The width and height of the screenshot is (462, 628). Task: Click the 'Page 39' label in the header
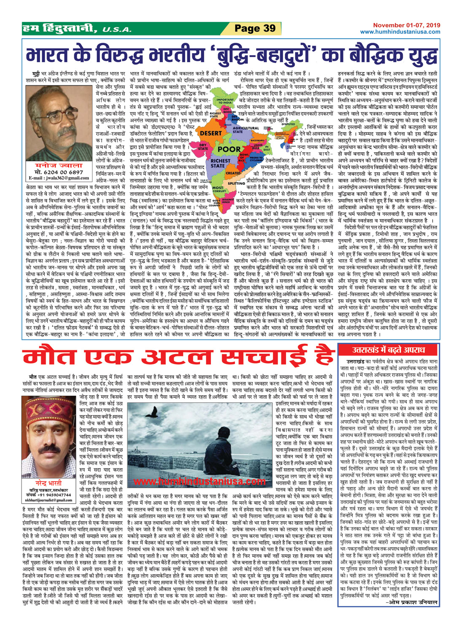[x=255, y=28]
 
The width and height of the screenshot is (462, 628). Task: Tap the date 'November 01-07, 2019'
[x=406, y=25]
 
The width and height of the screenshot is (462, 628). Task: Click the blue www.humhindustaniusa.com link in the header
[x=400, y=32]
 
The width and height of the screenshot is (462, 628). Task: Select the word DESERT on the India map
[x=210, y=132]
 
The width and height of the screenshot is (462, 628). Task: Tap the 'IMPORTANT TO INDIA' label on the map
[x=225, y=102]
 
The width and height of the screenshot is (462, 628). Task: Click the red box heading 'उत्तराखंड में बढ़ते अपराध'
[x=389, y=350]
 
